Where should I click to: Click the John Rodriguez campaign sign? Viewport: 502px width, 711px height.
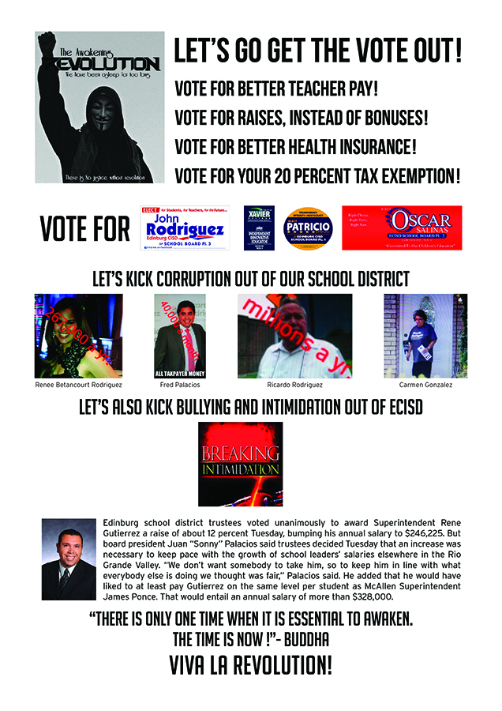click(185, 228)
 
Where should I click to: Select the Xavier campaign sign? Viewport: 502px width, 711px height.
click(258, 228)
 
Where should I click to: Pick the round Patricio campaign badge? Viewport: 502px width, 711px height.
click(308, 228)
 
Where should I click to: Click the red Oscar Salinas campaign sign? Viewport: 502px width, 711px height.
click(402, 228)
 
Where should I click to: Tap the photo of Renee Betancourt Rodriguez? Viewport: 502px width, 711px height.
click(78, 336)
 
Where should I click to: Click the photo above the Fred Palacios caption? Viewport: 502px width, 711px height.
click(180, 336)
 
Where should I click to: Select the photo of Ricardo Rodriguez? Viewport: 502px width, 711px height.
click(294, 336)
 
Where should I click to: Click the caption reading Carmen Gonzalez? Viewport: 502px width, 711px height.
click(425, 385)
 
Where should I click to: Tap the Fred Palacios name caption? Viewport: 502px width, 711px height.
click(180, 385)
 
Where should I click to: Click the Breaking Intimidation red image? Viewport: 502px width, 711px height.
click(240, 464)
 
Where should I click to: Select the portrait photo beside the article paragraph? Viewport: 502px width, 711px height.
click(69, 559)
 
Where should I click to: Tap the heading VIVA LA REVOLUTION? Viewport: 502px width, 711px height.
click(250, 665)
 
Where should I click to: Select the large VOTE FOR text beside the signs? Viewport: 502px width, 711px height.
click(84, 229)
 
